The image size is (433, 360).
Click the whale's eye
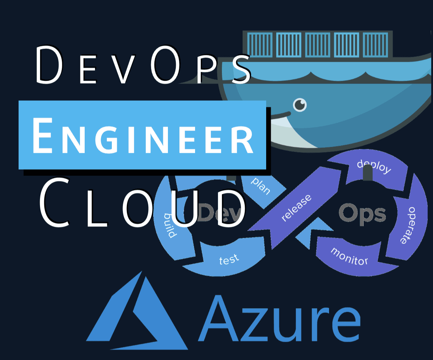[300, 105]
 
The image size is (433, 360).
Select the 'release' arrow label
[296, 208]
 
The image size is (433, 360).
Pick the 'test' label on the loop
[229, 260]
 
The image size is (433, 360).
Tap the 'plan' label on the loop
[261, 185]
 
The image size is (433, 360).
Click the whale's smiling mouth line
[280, 115]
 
